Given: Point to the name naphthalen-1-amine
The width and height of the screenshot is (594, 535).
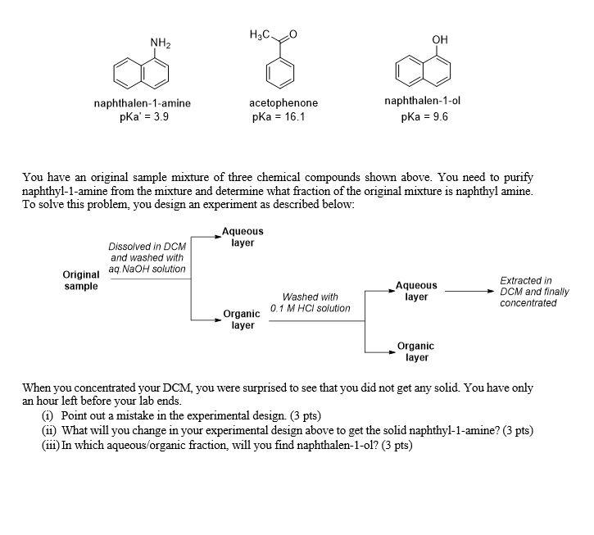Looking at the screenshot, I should pos(143,103).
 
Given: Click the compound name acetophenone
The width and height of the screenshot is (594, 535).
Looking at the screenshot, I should pos(283,103).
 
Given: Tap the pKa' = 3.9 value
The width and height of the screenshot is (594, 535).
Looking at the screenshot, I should pos(143,116).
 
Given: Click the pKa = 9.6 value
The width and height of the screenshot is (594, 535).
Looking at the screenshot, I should pos(424,116).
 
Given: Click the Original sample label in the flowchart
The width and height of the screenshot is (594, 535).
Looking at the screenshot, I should pos(80,280).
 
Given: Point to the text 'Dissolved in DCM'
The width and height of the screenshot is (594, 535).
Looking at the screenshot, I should pos(147,246).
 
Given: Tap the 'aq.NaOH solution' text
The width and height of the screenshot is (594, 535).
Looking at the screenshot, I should pos(147,269).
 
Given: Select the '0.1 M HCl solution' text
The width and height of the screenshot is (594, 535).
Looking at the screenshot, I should pos(310,308).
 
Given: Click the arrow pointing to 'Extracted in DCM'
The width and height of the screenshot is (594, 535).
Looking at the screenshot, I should pos(467,290).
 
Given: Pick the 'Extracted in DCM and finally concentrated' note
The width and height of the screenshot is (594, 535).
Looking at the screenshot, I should pos(533,292).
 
